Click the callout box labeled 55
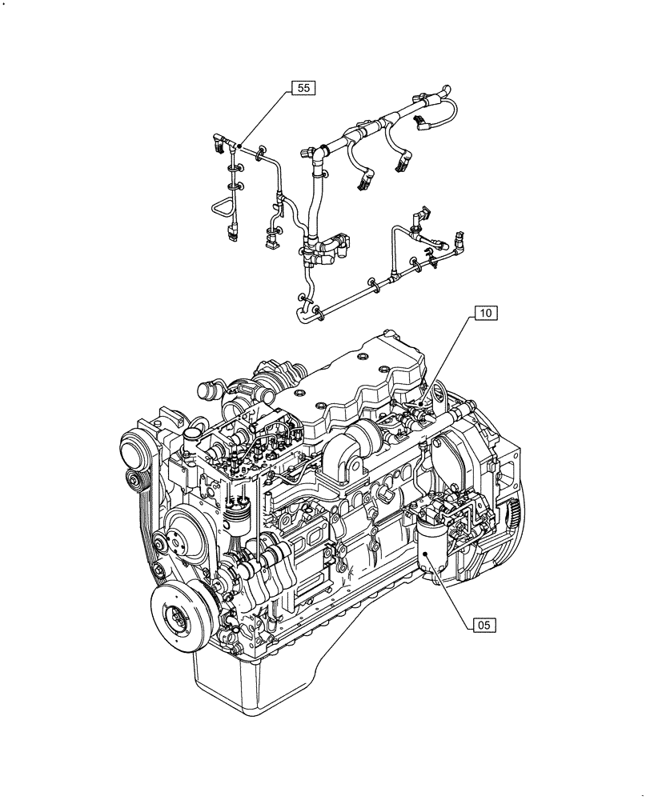coord(303,89)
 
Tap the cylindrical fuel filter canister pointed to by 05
coord(434,552)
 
